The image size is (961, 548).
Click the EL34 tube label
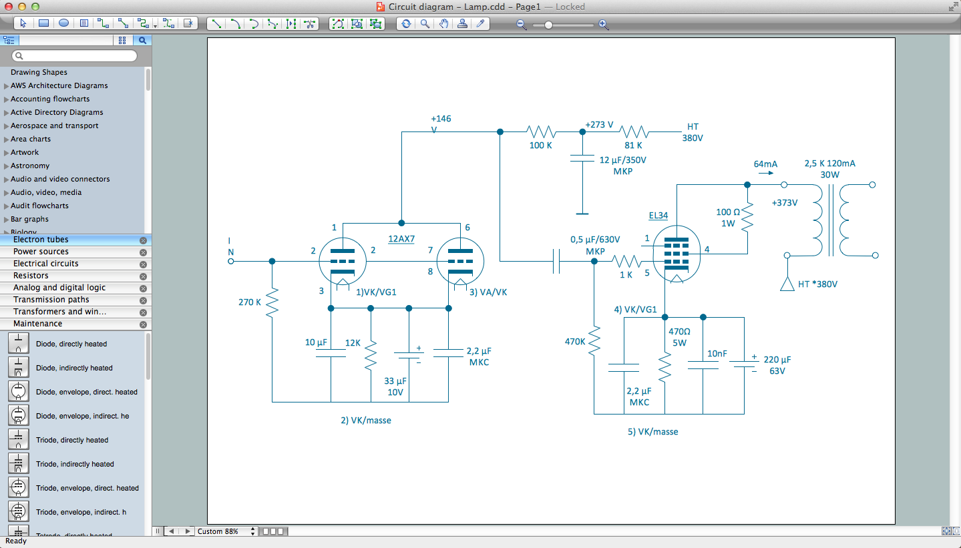pos(658,216)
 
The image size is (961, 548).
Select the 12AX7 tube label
pos(401,238)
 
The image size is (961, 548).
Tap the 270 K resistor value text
pos(250,302)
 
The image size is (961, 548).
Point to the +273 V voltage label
pos(599,125)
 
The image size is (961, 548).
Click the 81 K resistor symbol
pos(633,131)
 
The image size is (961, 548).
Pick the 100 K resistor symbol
pos(541,131)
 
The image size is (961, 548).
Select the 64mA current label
pos(765,164)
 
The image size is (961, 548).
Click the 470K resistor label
pos(575,341)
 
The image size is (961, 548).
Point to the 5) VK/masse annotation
pos(652,432)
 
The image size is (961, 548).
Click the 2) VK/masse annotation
pos(366,421)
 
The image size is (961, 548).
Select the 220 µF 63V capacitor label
pos(777,364)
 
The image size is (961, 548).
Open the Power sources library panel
pos(41,252)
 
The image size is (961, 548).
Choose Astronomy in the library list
pos(30,166)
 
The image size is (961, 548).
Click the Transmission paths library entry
pos(51,300)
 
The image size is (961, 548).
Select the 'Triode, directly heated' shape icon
pos(19,440)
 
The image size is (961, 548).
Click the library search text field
pos(79,56)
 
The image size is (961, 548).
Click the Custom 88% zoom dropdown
pos(226,531)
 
